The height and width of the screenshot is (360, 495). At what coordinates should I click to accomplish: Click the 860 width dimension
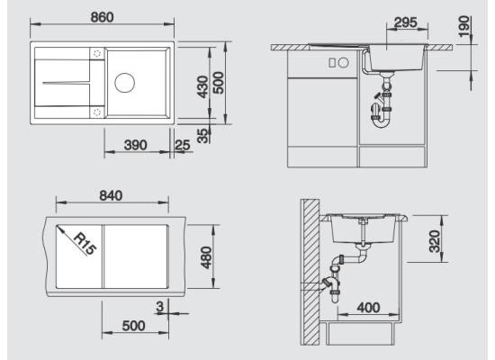click(x=102, y=17)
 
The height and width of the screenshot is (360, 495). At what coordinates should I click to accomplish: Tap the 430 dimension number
click(x=202, y=86)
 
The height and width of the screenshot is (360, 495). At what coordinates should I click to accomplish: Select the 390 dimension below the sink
click(x=135, y=145)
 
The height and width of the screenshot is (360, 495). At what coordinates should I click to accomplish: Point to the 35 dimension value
click(x=203, y=136)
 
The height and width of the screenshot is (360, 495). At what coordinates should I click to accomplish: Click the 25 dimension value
click(x=183, y=145)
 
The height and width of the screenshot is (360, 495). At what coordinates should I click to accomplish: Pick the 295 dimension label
click(x=406, y=22)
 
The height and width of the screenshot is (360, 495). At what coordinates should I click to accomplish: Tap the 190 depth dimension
click(x=463, y=26)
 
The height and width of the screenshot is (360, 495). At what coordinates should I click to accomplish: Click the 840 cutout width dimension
click(x=111, y=195)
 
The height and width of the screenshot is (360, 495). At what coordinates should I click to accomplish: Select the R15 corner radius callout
click(x=85, y=244)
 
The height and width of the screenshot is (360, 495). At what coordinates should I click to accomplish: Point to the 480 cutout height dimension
click(x=206, y=257)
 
